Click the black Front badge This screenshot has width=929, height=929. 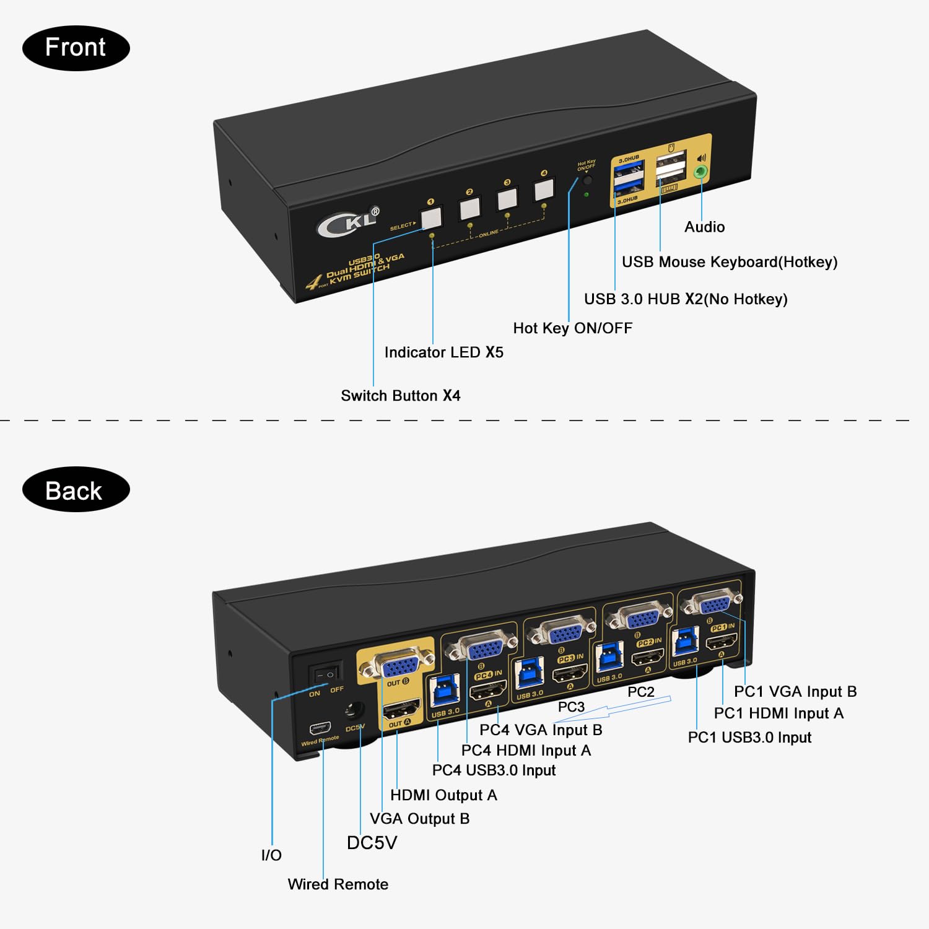tap(76, 48)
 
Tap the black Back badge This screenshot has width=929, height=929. tap(76, 490)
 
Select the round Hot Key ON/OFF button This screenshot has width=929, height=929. tap(587, 181)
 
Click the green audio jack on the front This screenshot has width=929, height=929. tap(701, 172)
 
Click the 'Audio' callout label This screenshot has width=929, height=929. tap(704, 227)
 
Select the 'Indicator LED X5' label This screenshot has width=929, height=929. tap(443, 352)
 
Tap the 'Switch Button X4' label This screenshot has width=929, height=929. tap(400, 396)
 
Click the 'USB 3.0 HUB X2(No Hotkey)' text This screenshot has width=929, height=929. tap(686, 299)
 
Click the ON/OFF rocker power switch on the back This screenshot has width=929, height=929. tap(326, 674)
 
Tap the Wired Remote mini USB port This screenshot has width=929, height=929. tap(320, 727)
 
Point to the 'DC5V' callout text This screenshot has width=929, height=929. tap(372, 843)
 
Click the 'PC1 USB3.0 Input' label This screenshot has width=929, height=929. tap(749, 738)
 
